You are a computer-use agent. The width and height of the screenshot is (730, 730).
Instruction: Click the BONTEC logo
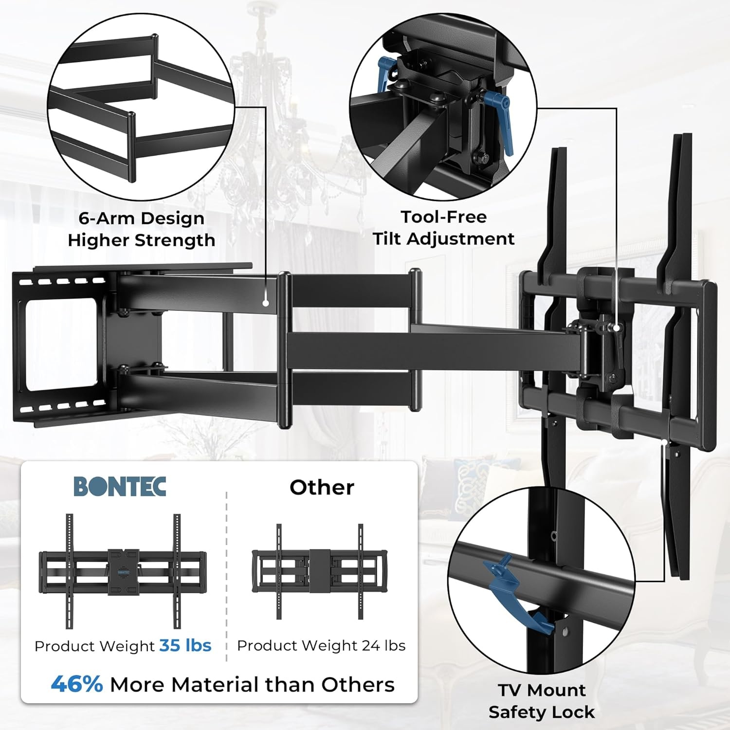pos(120,486)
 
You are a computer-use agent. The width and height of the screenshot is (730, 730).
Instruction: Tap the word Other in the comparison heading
pos(322,487)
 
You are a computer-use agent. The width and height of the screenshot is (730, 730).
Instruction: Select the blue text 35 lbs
pos(185,645)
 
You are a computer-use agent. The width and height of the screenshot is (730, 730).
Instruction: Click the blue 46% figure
pos(77,684)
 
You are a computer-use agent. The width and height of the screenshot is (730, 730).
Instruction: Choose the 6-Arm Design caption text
pos(141,218)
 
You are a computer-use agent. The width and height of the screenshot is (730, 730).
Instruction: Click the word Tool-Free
pos(443,217)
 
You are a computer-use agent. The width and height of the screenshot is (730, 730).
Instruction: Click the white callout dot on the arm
pos(266,303)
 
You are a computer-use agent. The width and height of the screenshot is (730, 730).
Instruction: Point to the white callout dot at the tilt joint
pos(617,328)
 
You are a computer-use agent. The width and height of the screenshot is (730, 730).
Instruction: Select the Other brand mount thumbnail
pos(319,571)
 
